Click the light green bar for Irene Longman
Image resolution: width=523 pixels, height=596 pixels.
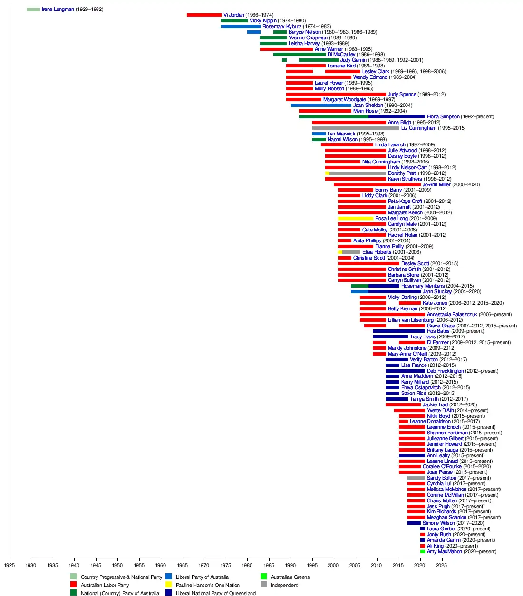(33, 10)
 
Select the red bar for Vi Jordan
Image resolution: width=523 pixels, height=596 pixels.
(204, 15)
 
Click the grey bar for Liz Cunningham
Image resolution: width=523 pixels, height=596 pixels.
(356, 128)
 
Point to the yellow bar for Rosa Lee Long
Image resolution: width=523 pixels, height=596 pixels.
(356, 219)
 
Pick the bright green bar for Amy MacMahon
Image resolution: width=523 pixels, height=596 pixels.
(423, 552)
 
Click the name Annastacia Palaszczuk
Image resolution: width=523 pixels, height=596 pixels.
(452, 315)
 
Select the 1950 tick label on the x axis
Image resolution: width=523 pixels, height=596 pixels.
(117, 566)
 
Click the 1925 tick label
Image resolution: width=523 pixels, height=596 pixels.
(10, 566)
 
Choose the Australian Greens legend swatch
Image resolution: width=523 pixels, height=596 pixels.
(264, 577)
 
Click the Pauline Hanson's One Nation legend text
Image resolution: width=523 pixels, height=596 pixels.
(207, 586)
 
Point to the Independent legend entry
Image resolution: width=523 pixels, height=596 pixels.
(284, 586)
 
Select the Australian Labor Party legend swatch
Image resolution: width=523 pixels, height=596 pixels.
(73, 585)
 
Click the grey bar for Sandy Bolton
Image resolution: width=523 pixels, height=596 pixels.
(416, 478)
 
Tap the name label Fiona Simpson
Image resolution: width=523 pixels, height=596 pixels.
(443, 117)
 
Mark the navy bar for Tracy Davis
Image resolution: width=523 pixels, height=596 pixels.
(390, 337)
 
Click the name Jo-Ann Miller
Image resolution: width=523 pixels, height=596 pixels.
(436, 185)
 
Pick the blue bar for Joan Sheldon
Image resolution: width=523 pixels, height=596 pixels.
(321, 106)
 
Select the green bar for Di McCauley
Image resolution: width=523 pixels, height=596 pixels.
(300, 55)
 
